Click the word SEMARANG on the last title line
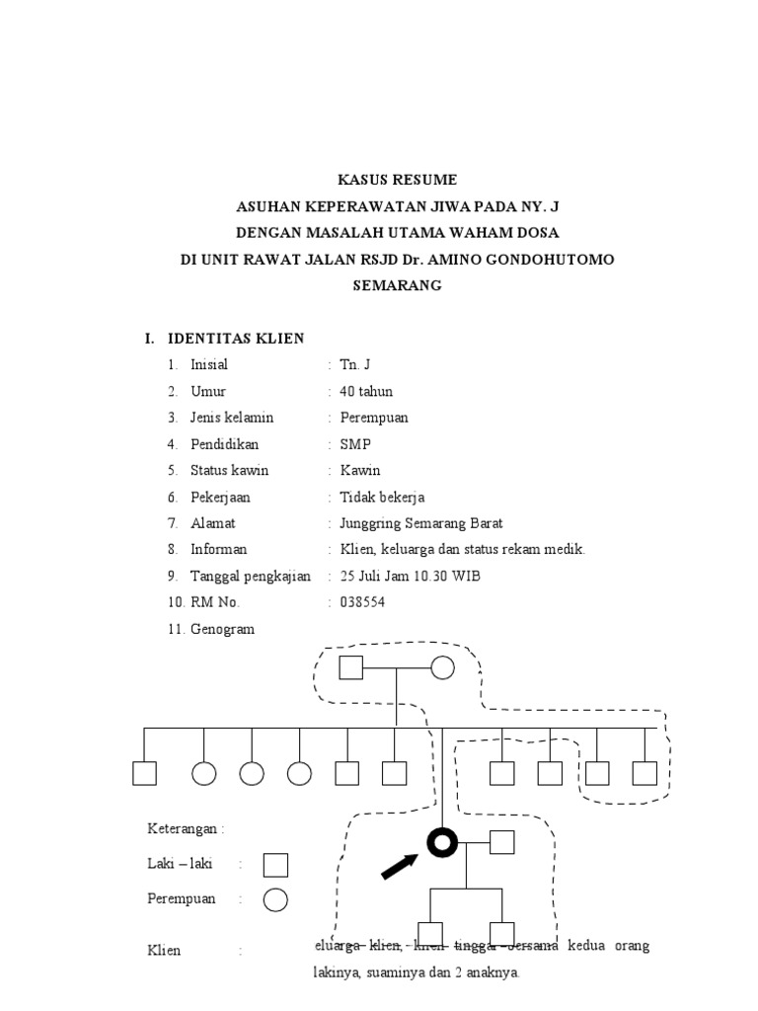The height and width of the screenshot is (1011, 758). click(x=398, y=285)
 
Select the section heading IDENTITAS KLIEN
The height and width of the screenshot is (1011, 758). click(x=236, y=339)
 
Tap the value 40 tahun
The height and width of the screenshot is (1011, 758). click(x=365, y=392)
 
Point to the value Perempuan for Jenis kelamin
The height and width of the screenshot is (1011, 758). click(x=374, y=418)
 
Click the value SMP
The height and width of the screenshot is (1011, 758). click(x=355, y=444)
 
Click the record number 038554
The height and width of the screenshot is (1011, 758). click(x=363, y=602)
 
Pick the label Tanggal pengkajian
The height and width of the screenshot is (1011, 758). click(x=250, y=577)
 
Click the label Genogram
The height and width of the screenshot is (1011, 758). click(x=222, y=629)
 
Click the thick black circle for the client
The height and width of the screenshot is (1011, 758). click(x=441, y=841)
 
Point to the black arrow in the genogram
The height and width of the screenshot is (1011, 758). click(x=400, y=866)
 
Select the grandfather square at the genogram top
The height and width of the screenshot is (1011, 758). click(x=351, y=668)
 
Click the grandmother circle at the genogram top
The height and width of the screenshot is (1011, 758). click(x=442, y=668)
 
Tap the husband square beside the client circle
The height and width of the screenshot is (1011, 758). click(x=502, y=841)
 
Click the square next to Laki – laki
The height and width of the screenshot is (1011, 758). click(x=275, y=865)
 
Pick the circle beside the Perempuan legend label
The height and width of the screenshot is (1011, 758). click(x=275, y=899)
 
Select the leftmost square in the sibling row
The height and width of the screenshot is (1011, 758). click(x=145, y=773)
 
